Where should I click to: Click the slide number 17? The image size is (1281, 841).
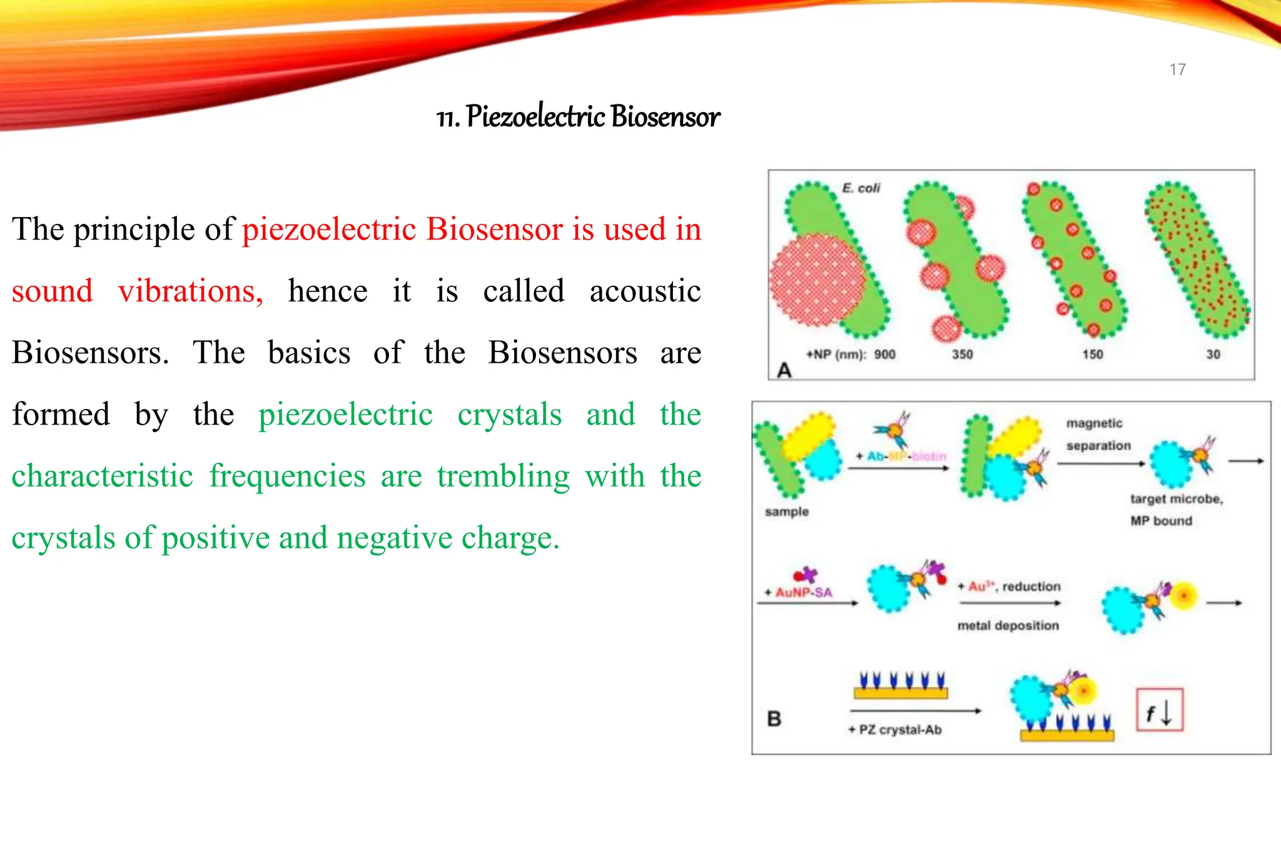[1177, 69]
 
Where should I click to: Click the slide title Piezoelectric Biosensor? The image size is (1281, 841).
[578, 117]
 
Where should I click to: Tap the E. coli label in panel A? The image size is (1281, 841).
[861, 188]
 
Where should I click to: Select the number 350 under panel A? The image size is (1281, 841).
[962, 355]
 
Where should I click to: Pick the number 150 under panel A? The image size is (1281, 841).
[1093, 355]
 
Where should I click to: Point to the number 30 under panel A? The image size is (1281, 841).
[1213, 355]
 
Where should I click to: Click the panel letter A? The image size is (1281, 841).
[784, 370]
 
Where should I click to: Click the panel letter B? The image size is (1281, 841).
[774, 718]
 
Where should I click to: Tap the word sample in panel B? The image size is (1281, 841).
[787, 511]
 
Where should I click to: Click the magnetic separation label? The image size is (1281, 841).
[1098, 435]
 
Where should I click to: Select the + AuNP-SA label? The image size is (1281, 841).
[799, 592]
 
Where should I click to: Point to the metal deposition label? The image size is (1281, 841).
[1008, 625]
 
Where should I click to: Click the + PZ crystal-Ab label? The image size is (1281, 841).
[895, 730]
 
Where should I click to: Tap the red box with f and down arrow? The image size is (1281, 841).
[1159, 710]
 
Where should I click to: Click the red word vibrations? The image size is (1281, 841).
[190, 291]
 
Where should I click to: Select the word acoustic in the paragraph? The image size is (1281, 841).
[645, 291]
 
